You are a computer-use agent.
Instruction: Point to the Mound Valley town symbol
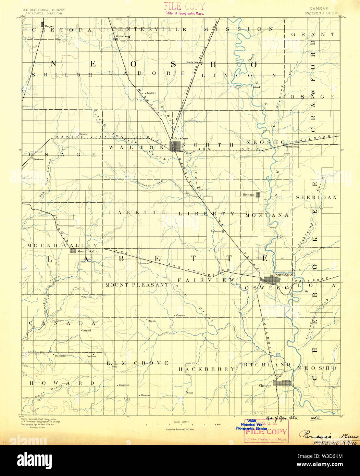[x=73, y=250]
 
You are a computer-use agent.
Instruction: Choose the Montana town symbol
[x=258, y=195]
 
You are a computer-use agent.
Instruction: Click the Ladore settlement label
[x=151, y=93]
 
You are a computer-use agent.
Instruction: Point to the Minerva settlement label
[x=145, y=395]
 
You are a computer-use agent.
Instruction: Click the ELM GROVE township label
[x=137, y=363]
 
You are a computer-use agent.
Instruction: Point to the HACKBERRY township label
[x=207, y=369]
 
